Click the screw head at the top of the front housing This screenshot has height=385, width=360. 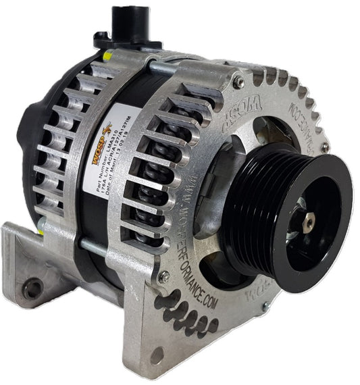[238, 81]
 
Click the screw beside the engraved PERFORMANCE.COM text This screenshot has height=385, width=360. [163, 276]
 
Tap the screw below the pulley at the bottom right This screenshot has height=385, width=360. [265, 306]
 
